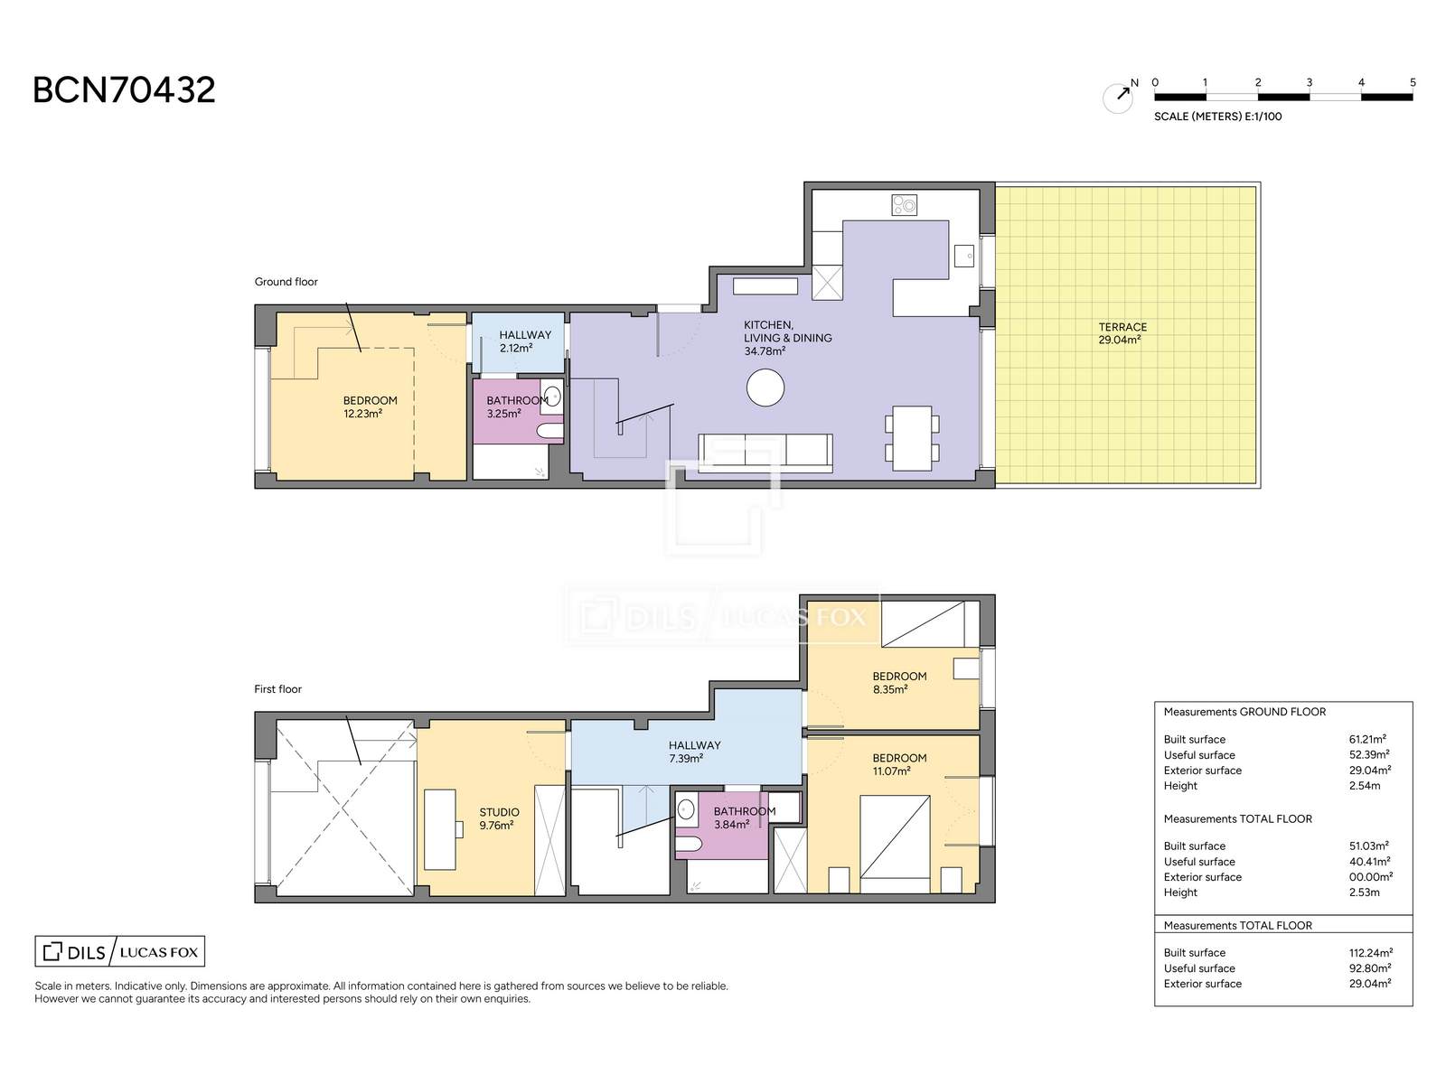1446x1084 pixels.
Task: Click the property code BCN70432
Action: [124, 90]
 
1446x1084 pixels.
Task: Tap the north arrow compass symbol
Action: [1119, 98]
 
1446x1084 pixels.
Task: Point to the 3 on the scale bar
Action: [1309, 83]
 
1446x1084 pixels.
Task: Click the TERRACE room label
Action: [1122, 327]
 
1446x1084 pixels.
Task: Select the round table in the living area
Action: [765, 387]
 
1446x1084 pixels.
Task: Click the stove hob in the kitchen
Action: [904, 205]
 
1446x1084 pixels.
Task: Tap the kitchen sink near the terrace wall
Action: [963, 256]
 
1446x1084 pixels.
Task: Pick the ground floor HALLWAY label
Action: [525, 335]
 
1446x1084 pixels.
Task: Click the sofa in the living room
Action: [765, 453]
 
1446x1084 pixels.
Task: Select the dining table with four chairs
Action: [912, 438]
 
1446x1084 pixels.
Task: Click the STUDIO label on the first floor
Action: [500, 812]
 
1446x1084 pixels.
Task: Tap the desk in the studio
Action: [441, 829]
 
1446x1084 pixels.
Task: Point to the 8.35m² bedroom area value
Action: [890, 689]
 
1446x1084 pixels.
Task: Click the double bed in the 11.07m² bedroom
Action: [895, 845]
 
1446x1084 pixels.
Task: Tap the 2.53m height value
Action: [1364, 892]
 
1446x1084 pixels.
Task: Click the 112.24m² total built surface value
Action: [1370, 952]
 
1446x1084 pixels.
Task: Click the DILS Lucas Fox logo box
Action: [120, 952]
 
